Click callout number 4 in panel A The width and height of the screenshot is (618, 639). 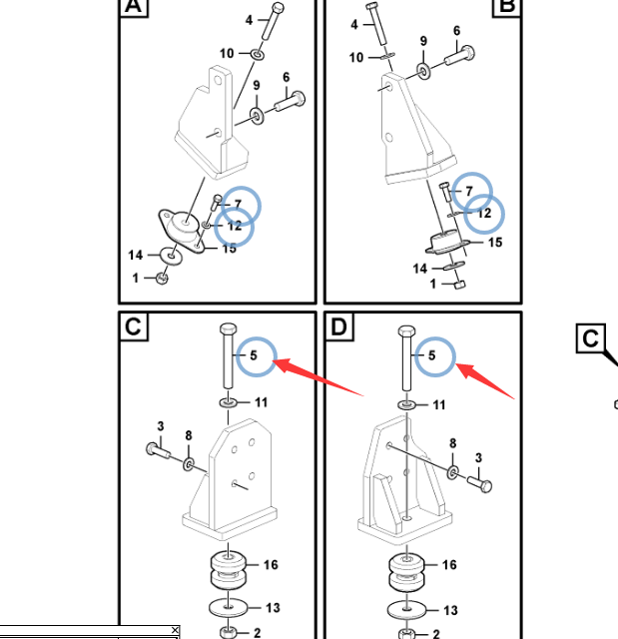point(249,20)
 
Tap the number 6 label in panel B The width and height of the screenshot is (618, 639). point(456,31)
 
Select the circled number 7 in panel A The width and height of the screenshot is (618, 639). point(239,204)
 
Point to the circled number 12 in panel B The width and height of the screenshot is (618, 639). point(484,213)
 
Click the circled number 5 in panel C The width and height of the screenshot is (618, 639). point(254,355)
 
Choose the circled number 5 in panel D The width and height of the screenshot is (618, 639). point(432,355)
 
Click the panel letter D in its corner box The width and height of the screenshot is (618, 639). point(338,326)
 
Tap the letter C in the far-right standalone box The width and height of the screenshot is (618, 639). point(590,338)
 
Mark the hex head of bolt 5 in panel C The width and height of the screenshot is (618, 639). point(229,328)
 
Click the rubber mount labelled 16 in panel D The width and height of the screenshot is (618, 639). point(406,571)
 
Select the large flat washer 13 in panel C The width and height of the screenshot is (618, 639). point(229,608)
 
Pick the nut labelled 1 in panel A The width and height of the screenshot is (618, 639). point(162,279)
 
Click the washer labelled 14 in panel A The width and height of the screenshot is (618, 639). point(172,256)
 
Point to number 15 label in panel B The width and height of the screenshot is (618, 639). point(495,243)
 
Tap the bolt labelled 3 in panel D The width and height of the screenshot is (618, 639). point(479,484)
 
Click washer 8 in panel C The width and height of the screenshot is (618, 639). point(189,464)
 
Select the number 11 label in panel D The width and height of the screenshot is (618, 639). point(438,405)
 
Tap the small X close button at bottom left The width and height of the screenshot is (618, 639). point(175,630)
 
